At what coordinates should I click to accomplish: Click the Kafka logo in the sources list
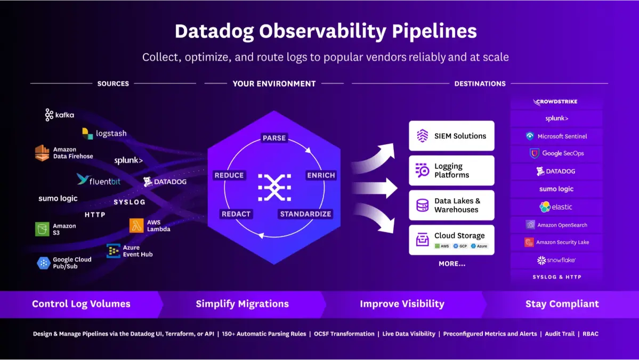click(59, 115)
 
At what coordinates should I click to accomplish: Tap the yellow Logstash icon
click(87, 133)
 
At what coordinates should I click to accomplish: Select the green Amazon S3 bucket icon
click(42, 230)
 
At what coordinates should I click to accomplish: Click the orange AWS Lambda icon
click(136, 226)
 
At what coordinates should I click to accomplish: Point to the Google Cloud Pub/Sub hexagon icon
click(44, 263)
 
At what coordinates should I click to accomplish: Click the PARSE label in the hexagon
click(274, 138)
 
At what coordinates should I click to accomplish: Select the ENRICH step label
click(321, 175)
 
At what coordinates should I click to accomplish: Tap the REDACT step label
click(236, 214)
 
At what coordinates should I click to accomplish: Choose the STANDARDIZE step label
click(305, 214)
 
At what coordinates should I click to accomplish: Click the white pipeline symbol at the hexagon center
click(274, 187)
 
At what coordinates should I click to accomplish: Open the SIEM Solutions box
click(451, 136)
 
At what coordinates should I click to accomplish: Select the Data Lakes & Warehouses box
click(451, 205)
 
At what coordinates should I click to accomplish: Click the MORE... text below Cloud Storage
click(452, 264)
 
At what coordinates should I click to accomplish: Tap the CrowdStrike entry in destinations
click(556, 102)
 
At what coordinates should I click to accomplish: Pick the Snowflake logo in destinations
click(556, 260)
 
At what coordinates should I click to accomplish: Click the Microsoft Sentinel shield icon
click(530, 136)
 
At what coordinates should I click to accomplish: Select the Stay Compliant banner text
click(562, 304)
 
